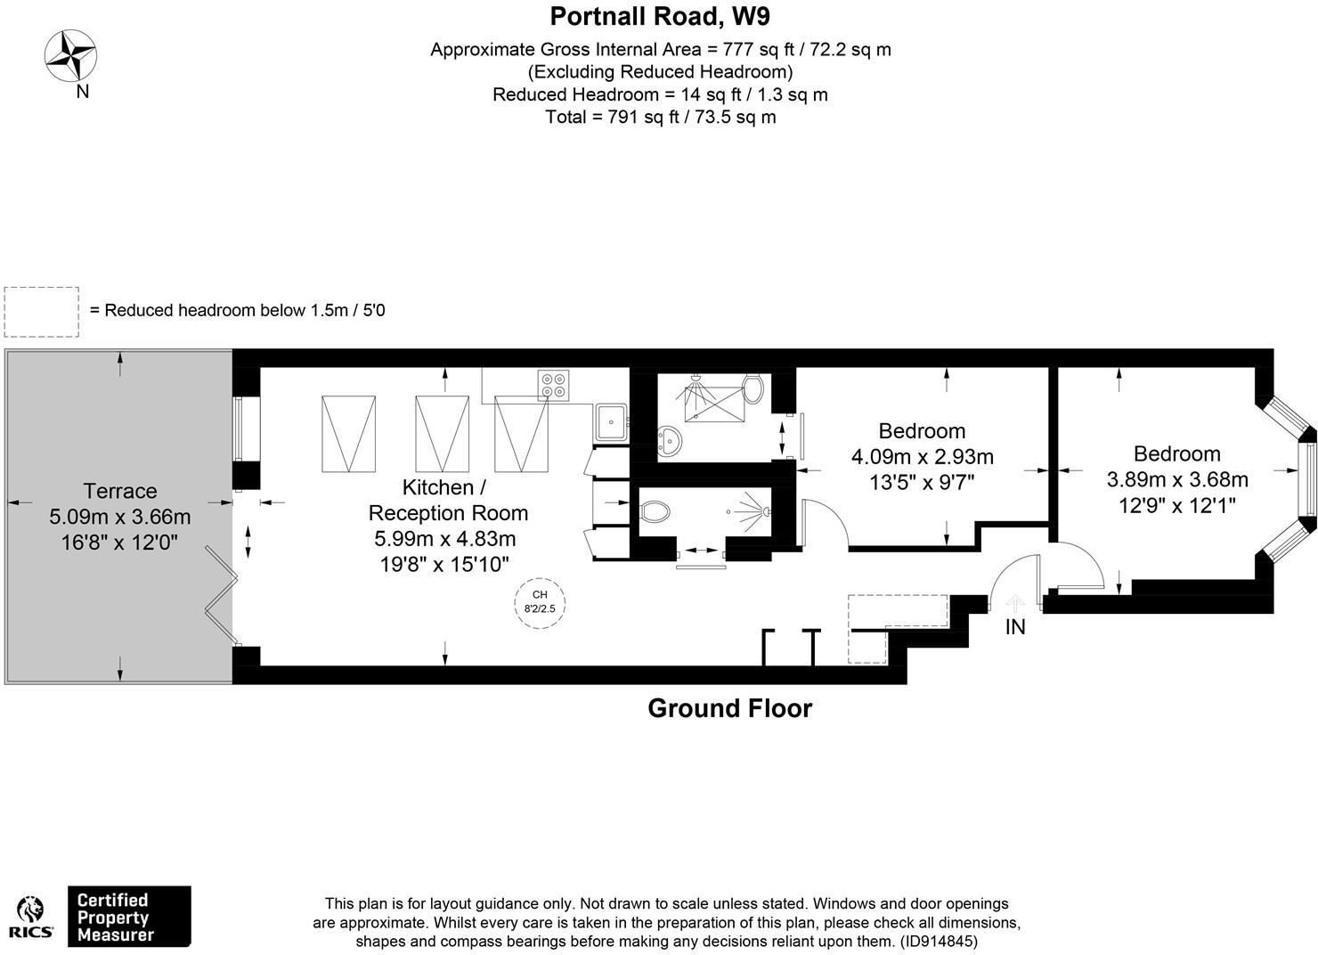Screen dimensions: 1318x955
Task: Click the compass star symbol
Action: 70,55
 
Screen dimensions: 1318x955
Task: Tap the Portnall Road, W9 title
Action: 660,17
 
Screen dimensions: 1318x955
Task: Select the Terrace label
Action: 120,491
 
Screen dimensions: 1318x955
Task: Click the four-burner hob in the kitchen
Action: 554,386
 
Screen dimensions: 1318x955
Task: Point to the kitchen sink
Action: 611,422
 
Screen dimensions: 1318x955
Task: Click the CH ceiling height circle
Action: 540,603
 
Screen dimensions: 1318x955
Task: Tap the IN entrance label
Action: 1015,628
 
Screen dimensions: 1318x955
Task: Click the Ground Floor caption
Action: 729,708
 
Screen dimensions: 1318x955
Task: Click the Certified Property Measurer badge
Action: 129,916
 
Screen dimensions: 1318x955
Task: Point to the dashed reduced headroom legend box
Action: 41,312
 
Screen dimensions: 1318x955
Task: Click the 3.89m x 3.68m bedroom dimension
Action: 1177,479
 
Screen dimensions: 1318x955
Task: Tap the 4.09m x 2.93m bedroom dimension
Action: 922,456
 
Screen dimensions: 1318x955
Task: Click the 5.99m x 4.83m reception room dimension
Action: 445,538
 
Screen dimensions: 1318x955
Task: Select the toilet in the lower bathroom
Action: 655,511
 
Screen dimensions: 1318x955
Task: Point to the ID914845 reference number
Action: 939,942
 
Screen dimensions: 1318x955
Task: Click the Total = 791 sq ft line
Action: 660,117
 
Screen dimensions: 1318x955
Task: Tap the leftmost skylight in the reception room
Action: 348,434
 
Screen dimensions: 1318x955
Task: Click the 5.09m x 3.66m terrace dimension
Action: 120,517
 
